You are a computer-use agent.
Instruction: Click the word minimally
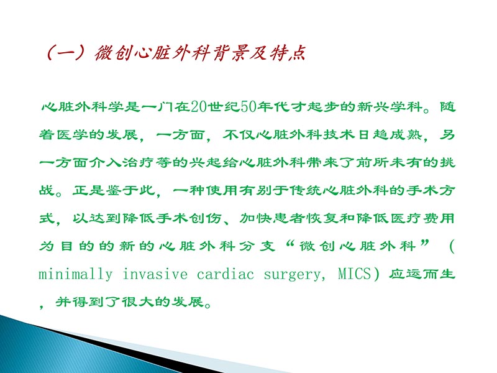tap(75, 275)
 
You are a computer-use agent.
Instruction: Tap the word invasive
tap(157, 275)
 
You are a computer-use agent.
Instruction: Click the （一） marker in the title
tap(67, 53)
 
